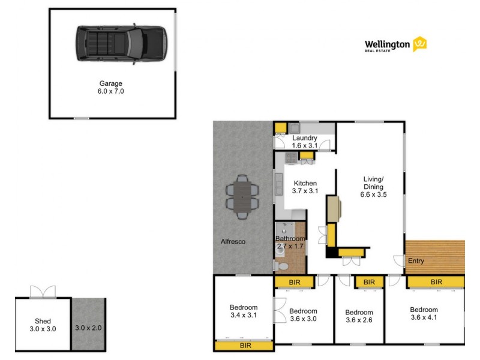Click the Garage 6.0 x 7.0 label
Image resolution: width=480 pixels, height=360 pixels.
point(112,88)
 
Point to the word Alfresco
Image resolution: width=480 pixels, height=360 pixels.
point(233,242)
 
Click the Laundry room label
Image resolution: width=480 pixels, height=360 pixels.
point(305,142)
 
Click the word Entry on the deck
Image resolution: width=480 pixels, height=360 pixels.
point(416,261)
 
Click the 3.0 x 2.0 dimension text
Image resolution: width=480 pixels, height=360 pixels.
point(88,328)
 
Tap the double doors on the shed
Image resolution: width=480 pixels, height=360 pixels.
point(43,291)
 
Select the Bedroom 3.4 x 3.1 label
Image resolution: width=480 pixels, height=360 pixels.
point(244,311)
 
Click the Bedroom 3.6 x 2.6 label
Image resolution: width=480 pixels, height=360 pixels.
point(359,316)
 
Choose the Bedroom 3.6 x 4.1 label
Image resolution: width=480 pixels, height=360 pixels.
point(424,314)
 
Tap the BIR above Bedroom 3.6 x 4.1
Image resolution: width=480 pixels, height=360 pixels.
point(436,281)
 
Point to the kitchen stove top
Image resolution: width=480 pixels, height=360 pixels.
point(290,159)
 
